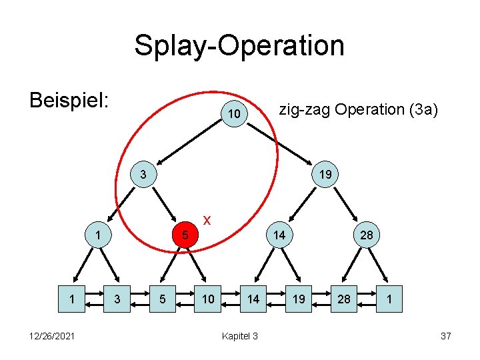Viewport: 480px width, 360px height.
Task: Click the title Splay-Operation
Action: click(x=239, y=46)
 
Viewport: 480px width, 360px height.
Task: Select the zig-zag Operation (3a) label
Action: click(x=358, y=109)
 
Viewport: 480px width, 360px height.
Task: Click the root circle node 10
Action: click(x=233, y=115)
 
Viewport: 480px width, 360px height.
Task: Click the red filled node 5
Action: click(x=187, y=235)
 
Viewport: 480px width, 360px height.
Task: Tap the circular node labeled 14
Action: click(x=279, y=235)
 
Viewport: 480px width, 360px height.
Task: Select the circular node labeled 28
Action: click(x=367, y=235)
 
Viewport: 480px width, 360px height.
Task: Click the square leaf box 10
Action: click(x=208, y=299)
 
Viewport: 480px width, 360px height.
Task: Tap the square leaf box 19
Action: click(x=299, y=299)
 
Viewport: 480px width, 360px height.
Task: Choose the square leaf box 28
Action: click(x=344, y=299)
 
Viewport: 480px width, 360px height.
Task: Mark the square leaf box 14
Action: click(x=253, y=299)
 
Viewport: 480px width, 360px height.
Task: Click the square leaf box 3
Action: click(x=117, y=299)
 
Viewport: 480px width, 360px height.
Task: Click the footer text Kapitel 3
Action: click(x=239, y=336)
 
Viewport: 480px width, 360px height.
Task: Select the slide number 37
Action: click(x=445, y=336)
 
